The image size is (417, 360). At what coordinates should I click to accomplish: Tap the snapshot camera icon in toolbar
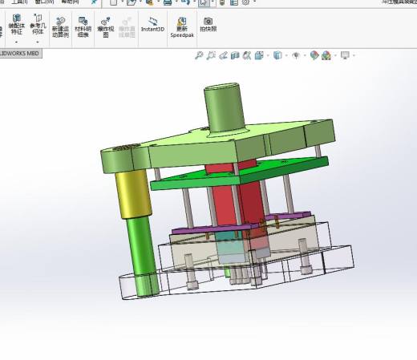pos(208,24)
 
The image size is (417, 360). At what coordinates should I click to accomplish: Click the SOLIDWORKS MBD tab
pos(20,54)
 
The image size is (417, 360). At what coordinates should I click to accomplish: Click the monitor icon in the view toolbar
pos(345,55)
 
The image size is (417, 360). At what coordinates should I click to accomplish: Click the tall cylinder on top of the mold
pos(224,112)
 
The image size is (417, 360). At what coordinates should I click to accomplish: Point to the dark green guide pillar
pos(143,253)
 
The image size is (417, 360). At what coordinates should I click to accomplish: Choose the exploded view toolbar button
pos(105,27)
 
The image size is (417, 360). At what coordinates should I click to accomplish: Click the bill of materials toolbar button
pos(82,27)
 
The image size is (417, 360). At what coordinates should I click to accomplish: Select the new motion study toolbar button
pos(60,27)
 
